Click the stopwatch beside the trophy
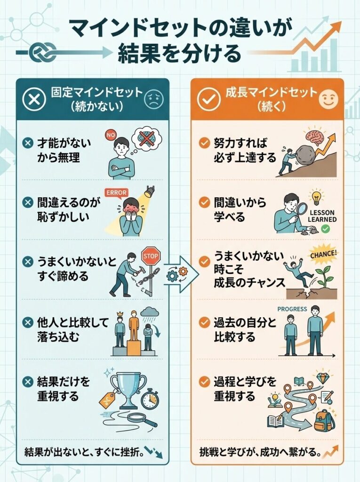(150, 399)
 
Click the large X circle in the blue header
(33, 99)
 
